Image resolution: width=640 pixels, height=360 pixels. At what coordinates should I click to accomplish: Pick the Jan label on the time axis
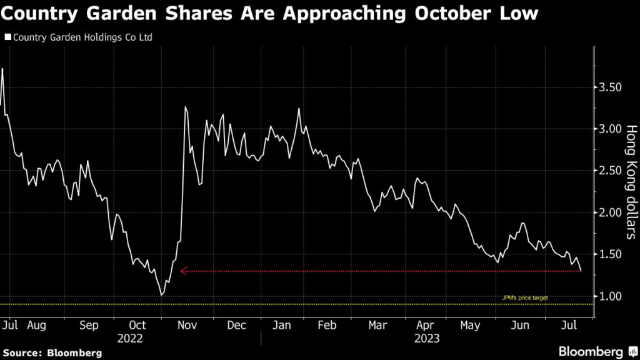coord(282,325)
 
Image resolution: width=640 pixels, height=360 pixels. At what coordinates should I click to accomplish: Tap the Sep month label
coord(89,325)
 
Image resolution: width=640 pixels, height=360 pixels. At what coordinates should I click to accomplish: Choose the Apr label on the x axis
coord(425,325)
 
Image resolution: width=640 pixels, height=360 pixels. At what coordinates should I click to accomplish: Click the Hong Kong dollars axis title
coord(631,182)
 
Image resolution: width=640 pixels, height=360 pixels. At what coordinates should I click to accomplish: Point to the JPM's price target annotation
coord(525,298)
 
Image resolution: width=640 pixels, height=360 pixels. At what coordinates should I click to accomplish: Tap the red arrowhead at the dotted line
coord(184,271)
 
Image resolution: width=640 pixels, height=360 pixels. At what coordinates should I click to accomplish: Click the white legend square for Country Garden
coord(7,37)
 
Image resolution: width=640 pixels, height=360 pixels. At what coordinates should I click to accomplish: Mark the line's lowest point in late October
coord(162,295)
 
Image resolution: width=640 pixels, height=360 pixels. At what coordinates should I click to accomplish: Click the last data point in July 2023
coord(581,271)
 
